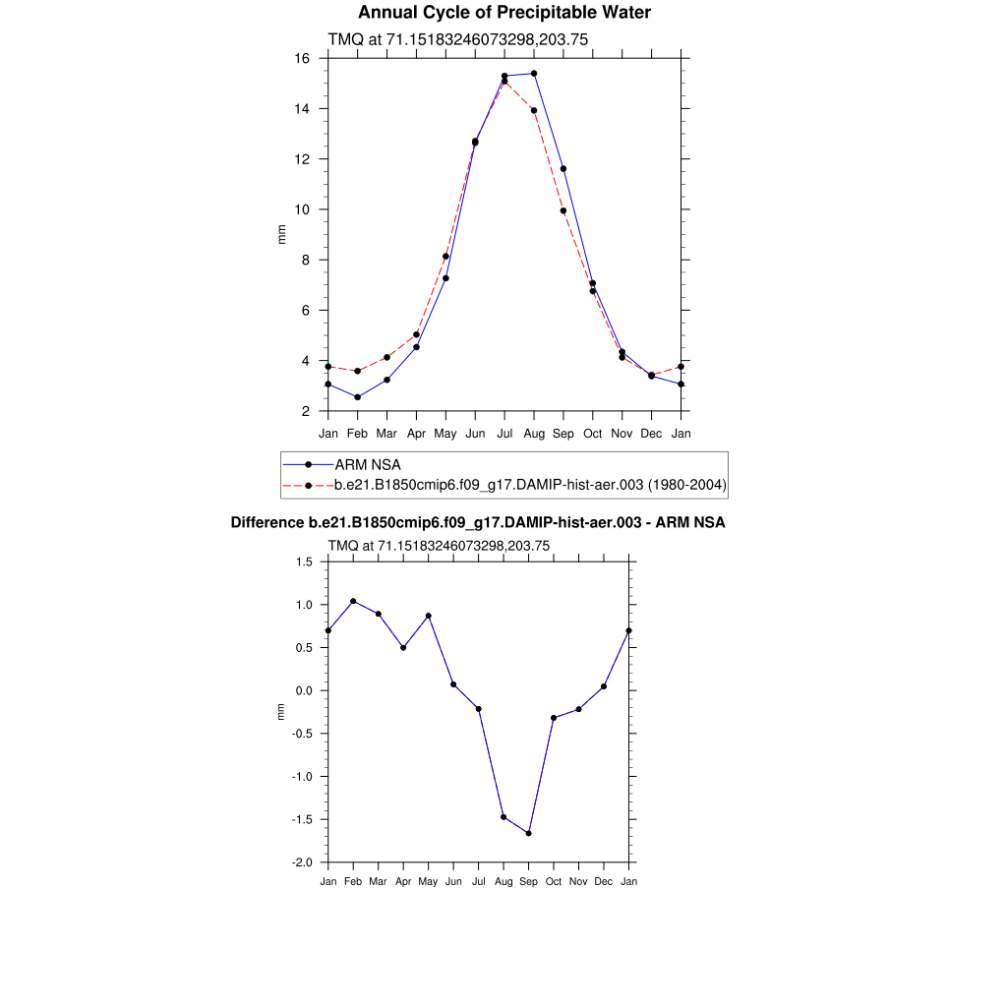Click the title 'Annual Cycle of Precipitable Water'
[503, 13]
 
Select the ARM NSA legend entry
[367, 464]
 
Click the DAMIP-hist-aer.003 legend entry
[530, 484]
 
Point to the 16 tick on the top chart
[303, 59]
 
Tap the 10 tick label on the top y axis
[303, 209]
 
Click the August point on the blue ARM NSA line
[534, 74]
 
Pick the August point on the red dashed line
[534, 110]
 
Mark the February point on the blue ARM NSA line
[357, 397]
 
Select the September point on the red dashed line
[563, 210]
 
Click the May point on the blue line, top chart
[445, 278]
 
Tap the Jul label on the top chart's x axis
[504, 433]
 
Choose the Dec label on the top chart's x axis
[651, 433]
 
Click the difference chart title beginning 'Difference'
[478, 523]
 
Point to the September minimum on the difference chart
[528, 833]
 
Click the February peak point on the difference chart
[353, 601]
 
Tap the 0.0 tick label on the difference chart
[304, 690]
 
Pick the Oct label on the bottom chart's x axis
[554, 881]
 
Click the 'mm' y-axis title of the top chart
[281, 234]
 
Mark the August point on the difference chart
[503, 816]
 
